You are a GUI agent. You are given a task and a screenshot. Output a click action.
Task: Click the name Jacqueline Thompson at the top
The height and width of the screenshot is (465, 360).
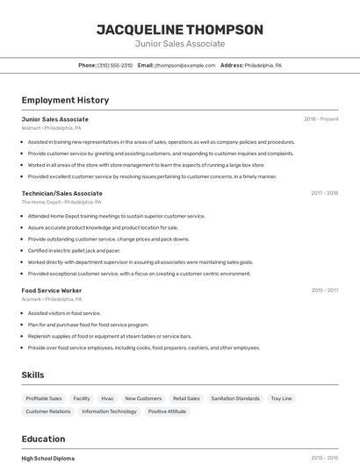[179, 29]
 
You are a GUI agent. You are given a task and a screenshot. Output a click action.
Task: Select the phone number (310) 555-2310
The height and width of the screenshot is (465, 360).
[115, 65]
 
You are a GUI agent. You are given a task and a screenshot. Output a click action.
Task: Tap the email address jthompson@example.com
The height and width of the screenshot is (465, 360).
[185, 65]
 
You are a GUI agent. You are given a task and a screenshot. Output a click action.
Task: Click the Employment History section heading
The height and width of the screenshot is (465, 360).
[65, 100]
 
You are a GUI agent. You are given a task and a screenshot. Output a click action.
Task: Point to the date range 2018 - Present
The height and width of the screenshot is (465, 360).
[320, 119]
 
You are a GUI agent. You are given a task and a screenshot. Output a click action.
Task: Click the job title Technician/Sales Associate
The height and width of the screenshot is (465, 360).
[61, 193]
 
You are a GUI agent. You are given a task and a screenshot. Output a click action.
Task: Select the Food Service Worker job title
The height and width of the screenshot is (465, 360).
[52, 290]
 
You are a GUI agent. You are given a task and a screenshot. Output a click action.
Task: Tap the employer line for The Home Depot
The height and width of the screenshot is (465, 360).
[57, 202]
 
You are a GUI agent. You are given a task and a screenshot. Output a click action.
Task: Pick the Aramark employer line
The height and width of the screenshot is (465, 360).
[52, 299]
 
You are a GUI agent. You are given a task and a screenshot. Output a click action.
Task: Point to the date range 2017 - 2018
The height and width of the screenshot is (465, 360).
[324, 193]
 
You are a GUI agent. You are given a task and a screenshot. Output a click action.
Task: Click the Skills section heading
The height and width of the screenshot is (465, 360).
[32, 375]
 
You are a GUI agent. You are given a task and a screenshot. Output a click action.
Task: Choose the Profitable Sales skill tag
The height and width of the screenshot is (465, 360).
[44, 398]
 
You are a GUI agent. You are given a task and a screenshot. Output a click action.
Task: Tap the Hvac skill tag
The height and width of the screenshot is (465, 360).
[107, 398]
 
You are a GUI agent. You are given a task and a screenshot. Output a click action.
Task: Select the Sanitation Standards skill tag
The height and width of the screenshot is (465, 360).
[235, 398]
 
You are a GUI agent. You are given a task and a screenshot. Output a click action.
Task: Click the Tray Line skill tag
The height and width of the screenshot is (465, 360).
[281, 398]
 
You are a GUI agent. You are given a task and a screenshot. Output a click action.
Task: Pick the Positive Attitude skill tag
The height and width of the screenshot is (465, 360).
[167, 411]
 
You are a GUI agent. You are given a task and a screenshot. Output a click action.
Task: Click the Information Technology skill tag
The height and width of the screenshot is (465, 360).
[110, 411]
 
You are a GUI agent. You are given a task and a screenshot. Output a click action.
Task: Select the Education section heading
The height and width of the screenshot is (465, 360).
[43, 439]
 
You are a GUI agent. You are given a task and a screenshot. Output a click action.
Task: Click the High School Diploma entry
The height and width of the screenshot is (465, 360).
[48, 458]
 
